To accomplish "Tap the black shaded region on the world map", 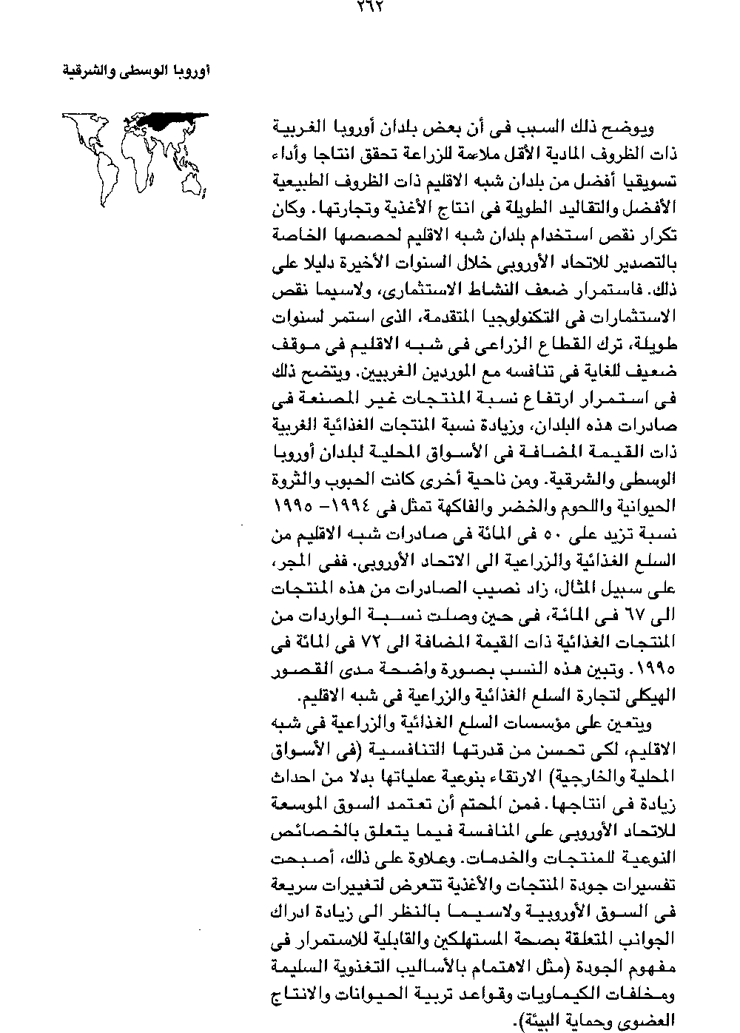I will click(x=172, y=120).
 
